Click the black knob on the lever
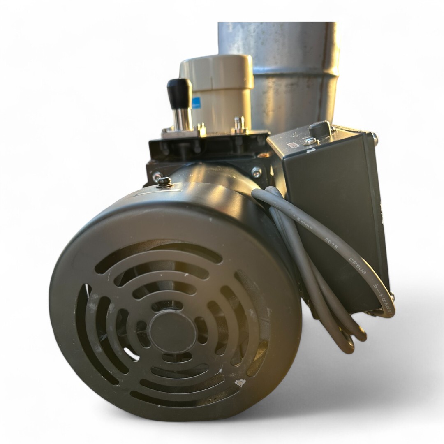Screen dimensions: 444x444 (180, 93)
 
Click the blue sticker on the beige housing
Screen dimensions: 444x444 (196, 102)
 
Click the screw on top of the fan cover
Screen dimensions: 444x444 (164, 181)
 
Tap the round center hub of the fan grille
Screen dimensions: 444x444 (172, 331)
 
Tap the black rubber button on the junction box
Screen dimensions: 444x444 (320, 129)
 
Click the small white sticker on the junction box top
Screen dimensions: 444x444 (293, 145)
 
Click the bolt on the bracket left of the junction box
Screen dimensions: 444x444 (257, 172)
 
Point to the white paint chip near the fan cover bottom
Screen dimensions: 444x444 (240, 383)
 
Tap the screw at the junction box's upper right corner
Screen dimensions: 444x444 (374, 137)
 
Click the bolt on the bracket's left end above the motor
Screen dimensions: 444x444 (157, 177)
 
